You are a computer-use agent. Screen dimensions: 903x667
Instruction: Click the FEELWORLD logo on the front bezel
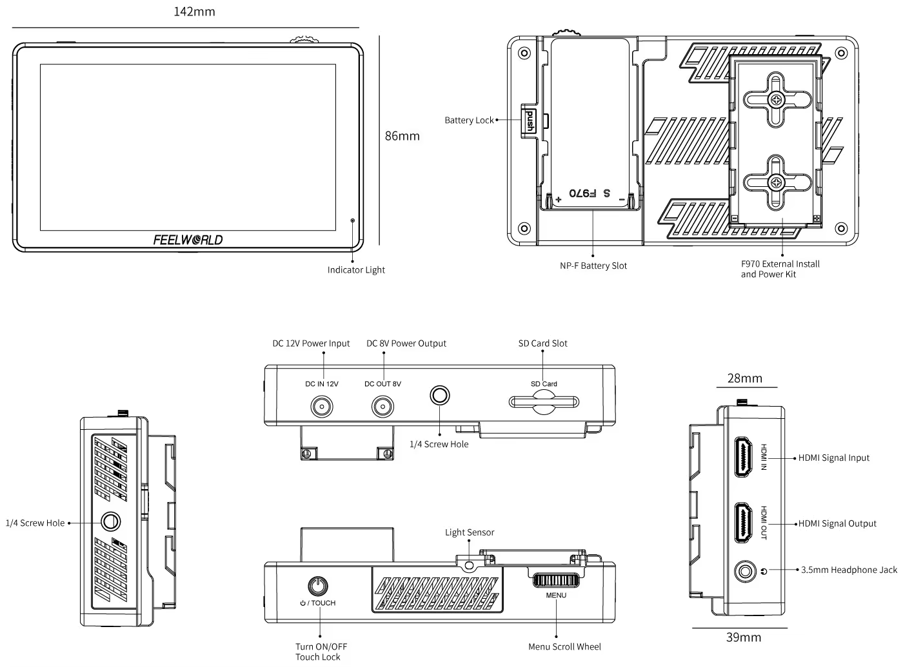pos(188,240)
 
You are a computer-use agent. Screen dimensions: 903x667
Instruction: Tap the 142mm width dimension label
pos(194,12)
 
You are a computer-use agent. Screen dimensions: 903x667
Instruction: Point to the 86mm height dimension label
pos(402,136)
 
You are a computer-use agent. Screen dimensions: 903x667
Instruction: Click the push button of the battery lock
pos(530,121)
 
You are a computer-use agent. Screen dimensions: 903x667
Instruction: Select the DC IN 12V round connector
pos(322,407)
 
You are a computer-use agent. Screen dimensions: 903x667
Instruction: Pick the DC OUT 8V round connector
pos(382,407)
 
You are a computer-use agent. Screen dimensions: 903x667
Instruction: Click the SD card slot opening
pos(544,402)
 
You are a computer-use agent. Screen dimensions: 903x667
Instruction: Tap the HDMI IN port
pos(744,457)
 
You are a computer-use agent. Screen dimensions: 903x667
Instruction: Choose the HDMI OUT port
pos(744,523)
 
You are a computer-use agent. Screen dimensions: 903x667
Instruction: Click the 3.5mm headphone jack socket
pos(746,571)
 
